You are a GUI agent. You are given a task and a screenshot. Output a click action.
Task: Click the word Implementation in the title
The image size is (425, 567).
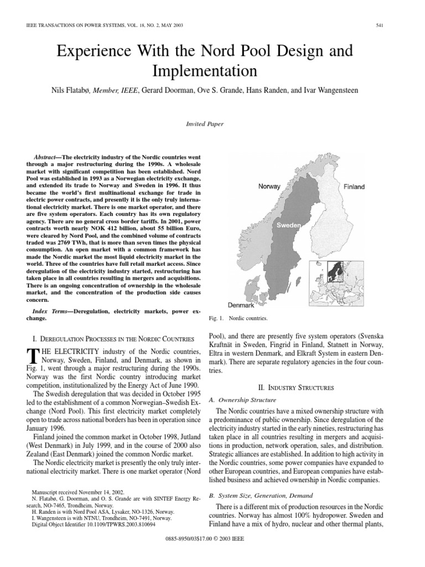click(x=212, y=71)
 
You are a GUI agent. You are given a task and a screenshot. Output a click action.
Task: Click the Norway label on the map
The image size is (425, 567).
click(x=269, y=187)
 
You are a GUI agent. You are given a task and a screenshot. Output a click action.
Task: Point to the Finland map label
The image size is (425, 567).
click(x=354, y=187)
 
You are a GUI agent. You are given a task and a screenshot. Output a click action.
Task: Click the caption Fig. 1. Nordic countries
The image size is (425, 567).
click(x=237, y=319)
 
